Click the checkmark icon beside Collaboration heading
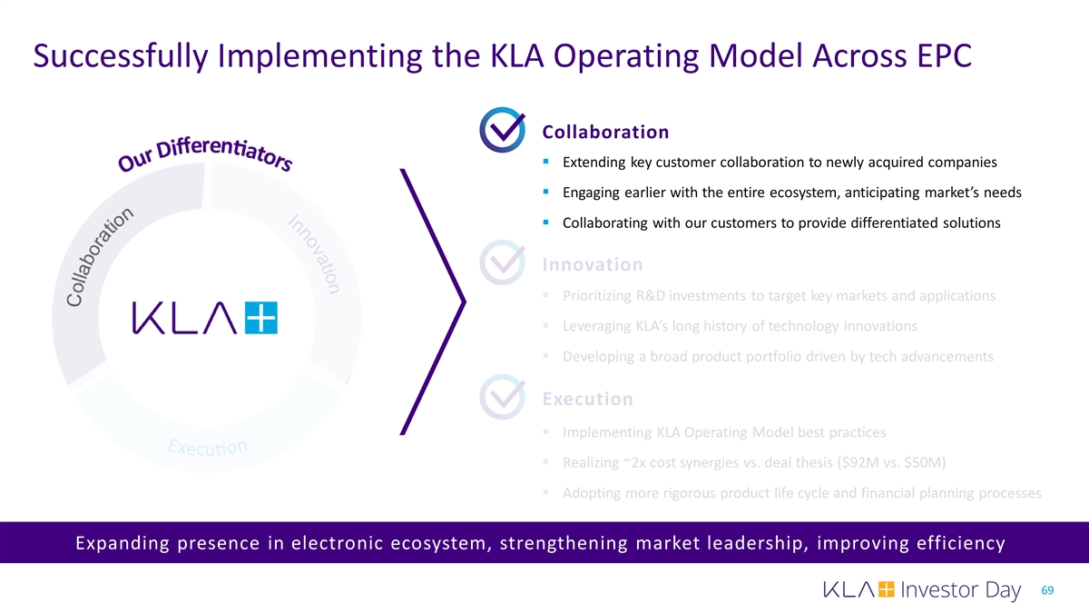pos(502,130)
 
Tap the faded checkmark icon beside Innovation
pos(502,262)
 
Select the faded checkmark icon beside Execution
pos(502,397)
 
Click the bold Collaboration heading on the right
pos(605,132)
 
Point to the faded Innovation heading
pos(593,264)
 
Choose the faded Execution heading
pos(588,399)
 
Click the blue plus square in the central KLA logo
pos(261,318)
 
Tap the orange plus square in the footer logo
pos(887,589)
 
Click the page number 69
pos(1047,590)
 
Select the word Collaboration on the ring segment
pos(99,257)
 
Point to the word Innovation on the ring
pos(315,254)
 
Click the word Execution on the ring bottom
pos(208,447)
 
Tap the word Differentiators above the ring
pos(224,153)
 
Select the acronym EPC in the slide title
pos(945,55)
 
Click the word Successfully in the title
pos(121,56)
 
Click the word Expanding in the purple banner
pos(122,543)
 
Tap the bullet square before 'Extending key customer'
pos(546,161)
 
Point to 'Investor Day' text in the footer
pos(961,589)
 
